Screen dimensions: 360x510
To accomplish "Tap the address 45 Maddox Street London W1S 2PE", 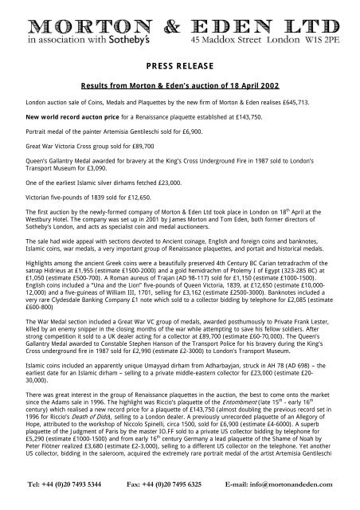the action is tap(271, 38).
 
